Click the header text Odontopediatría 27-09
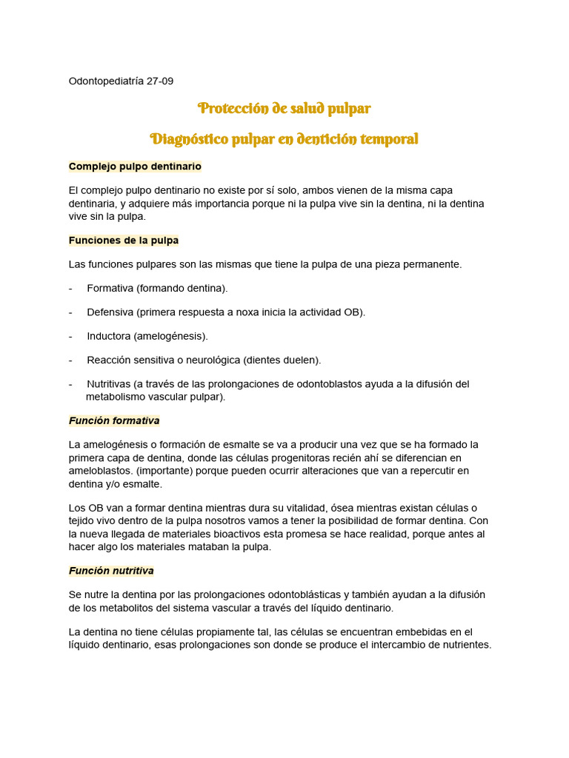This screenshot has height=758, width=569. coord(121,81)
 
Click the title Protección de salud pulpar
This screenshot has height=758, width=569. coord(284,109)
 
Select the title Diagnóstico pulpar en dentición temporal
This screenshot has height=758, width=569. coord(284,139)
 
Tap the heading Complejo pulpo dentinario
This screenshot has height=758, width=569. coord(135,167)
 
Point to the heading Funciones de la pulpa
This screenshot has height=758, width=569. coord(123,241)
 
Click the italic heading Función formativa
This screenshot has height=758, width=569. coord(114,420)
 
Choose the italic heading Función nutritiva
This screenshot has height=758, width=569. coord(111,571)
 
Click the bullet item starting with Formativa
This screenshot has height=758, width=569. coord(157,288)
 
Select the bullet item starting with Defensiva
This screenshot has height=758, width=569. coord(226,312)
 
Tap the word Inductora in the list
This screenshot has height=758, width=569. coord(108,336)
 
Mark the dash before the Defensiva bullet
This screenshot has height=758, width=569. coord(70,312)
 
